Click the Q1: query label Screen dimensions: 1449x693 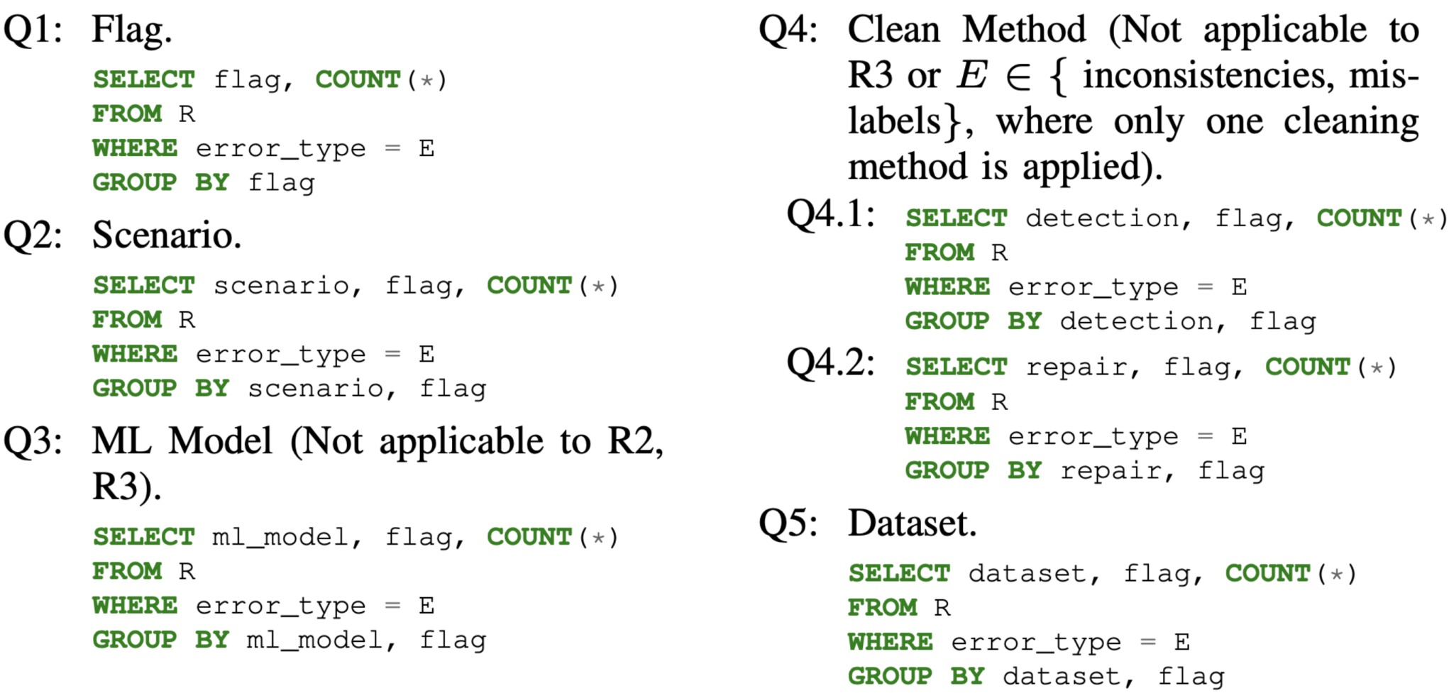pyautogui.click(x=33, y=31)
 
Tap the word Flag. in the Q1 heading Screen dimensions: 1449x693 pyautogui.click(x=132, y=31)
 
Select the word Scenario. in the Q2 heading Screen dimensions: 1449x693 pyautogui.click(x=167, y=235)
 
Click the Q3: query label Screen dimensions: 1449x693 pyautogui.click(x=33, y=441)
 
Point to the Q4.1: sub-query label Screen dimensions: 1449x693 pyautogui.click(x=831, y=214)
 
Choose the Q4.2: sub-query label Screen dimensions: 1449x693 pyautogui.click(x=831, y=362)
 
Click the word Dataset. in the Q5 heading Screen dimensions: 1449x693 pyautogui.click(x=913, y=523)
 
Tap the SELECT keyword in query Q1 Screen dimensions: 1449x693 pyautogui.click(x=144, y=79)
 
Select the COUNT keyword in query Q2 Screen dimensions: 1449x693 pyautogui.click(x=529, y=285)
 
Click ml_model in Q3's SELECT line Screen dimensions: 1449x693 pyautogui.click(x=281, y=538)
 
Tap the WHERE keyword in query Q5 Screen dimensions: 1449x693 pyautogui.click(x=891, y=642)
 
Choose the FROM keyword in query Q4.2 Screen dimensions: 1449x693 pyautogui.click(x=940, y=402)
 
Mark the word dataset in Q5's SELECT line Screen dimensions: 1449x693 pyautogui.click(x=1027, y=573)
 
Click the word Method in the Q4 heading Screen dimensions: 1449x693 pyautogui.click(x=1024, y=30)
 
